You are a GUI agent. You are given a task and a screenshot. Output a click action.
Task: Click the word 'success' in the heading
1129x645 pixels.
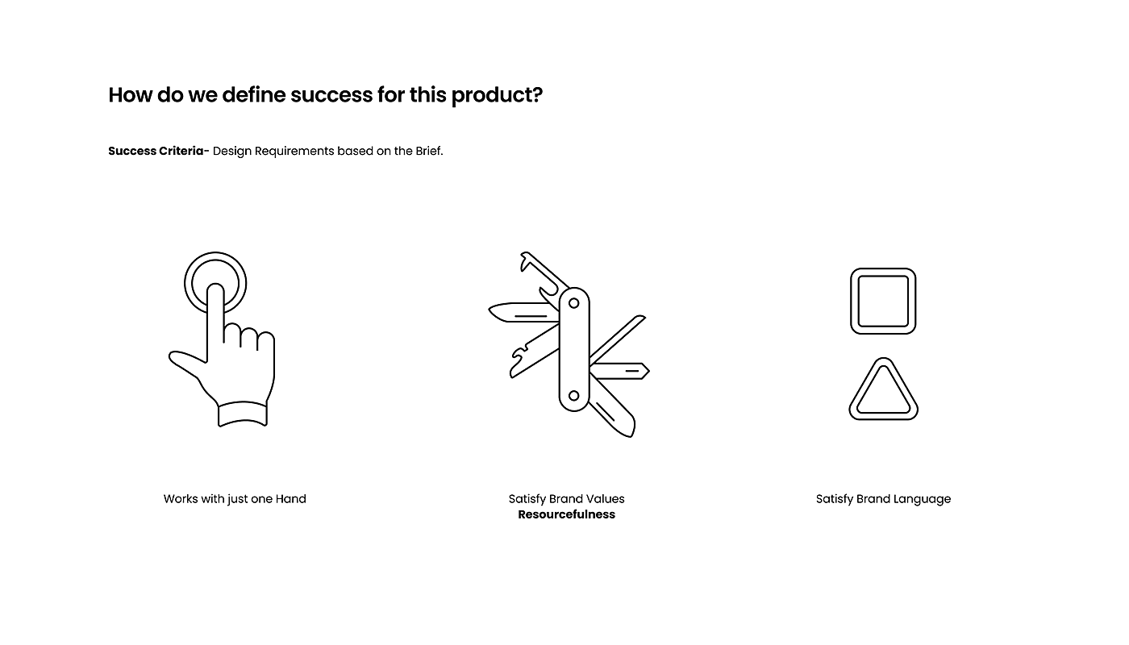pos(331,95)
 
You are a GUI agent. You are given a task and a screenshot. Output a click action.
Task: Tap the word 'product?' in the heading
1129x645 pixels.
pos(497,96)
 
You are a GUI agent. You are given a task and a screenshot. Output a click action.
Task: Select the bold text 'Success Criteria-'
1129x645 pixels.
pos(159,151)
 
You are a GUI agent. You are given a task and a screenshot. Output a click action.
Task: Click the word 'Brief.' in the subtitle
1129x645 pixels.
pos(429,151)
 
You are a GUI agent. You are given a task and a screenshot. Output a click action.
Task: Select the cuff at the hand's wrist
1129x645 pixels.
pos(243,414)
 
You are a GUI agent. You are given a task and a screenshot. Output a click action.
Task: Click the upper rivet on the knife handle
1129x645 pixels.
pos(573,303)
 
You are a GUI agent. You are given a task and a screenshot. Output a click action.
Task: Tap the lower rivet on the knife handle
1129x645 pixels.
pos(573,396)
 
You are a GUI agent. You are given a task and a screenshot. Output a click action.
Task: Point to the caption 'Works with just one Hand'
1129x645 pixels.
pos(235,499)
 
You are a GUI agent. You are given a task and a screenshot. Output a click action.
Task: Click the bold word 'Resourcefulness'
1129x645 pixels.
pos(566,514)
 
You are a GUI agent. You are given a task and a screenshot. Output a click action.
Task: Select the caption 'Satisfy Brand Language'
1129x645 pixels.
pos(884,499)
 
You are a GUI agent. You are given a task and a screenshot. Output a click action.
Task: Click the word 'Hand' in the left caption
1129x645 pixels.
pos(291,499)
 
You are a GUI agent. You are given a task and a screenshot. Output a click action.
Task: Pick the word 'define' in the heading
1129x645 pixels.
pos(253,95)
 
